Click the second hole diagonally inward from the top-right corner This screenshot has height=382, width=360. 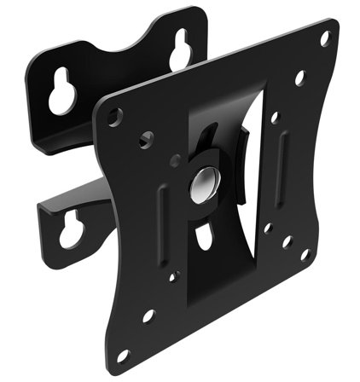(299, 78)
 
